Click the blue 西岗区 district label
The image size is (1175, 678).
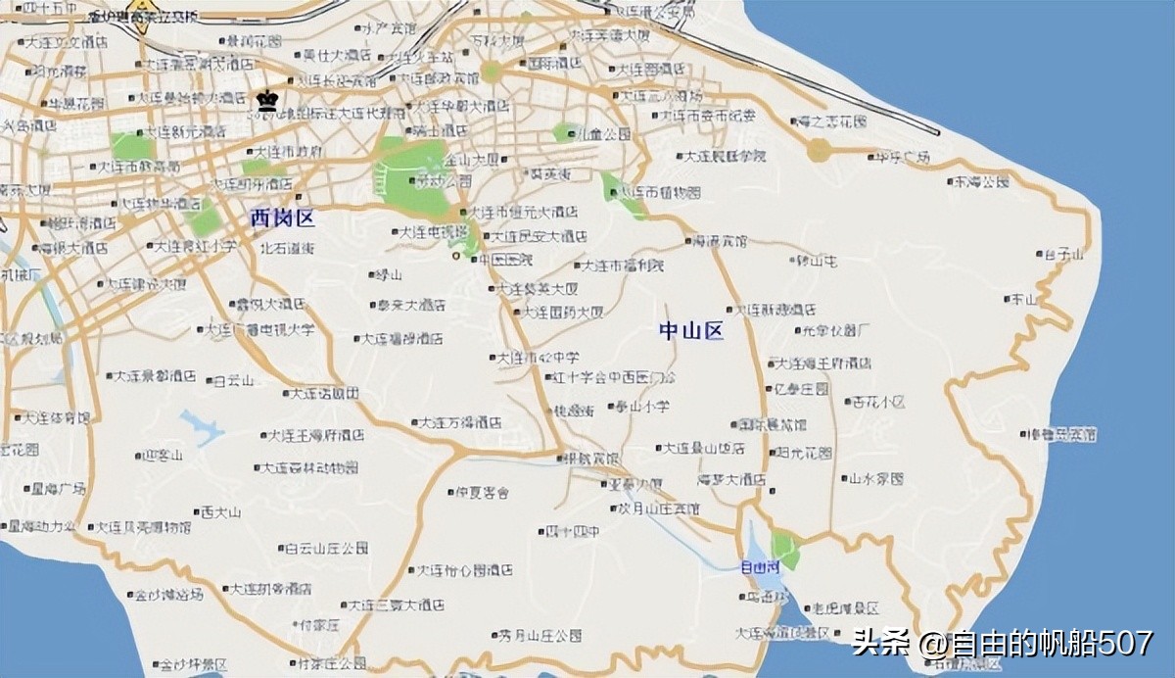282,218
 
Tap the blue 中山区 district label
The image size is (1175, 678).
690,331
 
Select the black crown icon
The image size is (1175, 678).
265,99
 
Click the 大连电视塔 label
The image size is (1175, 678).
431,233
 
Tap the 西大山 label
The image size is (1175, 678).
219,511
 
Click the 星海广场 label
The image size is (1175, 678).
58,488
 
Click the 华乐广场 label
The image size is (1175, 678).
901,157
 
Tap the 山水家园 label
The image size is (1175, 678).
874,479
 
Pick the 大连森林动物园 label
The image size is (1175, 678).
312,467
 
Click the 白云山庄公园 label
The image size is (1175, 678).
326,549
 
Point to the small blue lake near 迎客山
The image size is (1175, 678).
201,427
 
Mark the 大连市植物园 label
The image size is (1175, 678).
666,191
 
